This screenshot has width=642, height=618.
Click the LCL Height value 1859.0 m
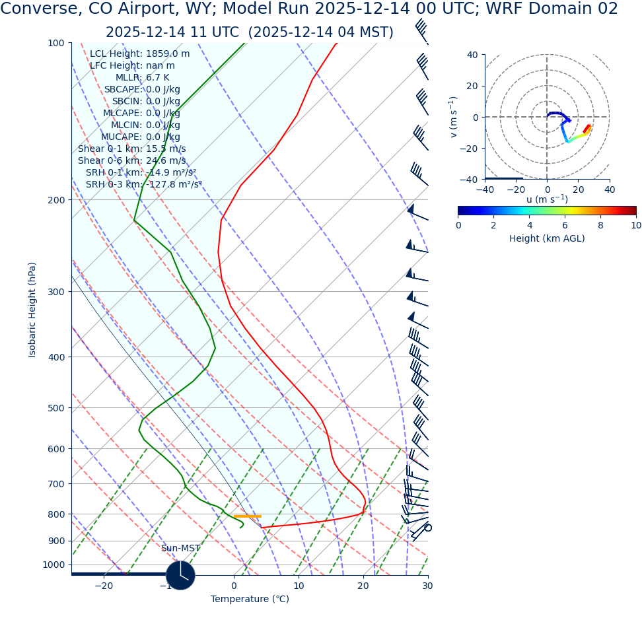click(168, 54)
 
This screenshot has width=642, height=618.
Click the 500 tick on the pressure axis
click(55, 408)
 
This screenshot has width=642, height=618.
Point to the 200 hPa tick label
click(55, 200)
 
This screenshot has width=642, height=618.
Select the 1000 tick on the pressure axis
click(54, 565)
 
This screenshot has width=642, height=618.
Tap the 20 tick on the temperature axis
click(363, 586)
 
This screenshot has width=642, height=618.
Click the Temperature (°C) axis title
click(250, 600)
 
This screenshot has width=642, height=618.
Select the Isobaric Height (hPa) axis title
click(32, 310)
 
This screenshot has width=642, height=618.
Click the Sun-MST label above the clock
click(180, 549)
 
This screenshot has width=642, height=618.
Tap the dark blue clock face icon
click(180, 575)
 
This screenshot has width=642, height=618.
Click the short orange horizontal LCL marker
click(247, 516)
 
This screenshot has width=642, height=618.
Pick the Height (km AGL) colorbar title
click(547, 238)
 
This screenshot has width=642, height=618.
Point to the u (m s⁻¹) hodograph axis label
click(547, 199)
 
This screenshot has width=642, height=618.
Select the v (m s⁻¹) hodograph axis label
click(454, 117)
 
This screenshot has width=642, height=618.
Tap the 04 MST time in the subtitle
click(358, 32)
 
